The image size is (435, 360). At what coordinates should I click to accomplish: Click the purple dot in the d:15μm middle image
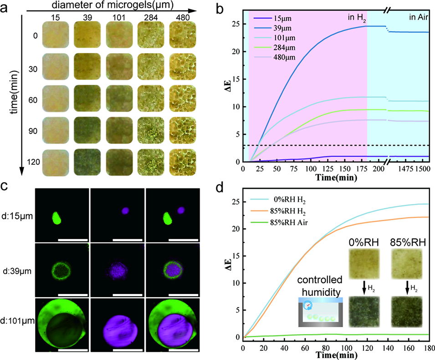pos(126,211)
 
